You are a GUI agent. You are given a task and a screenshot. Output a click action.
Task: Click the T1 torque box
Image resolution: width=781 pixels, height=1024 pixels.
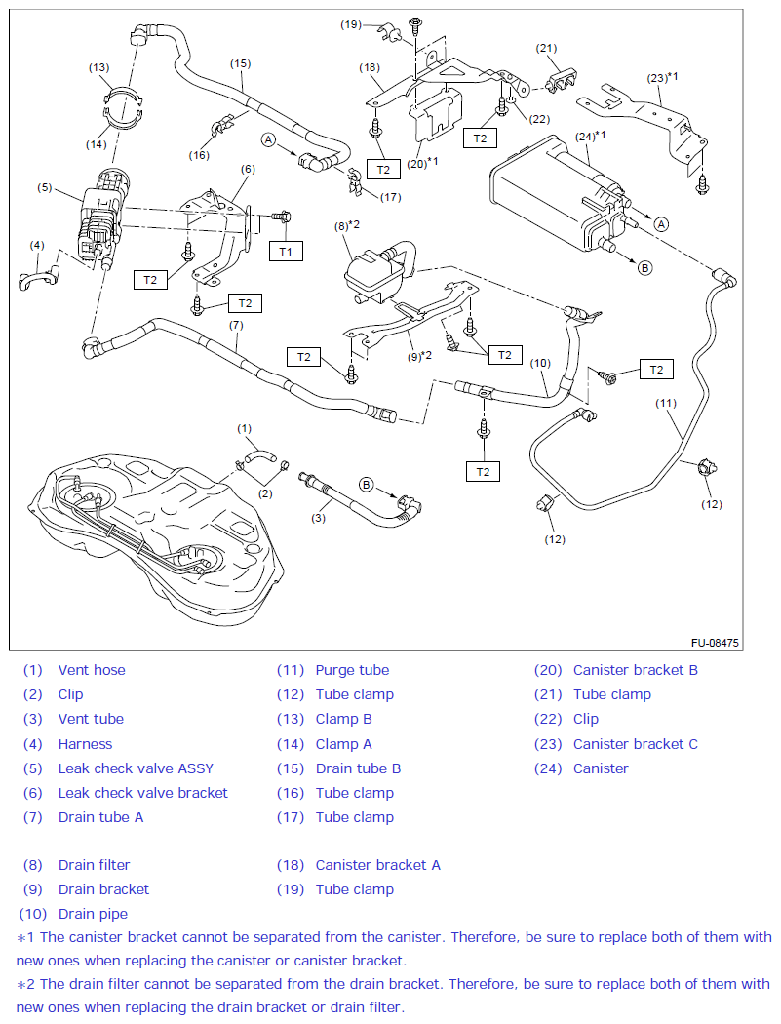click(286, 252)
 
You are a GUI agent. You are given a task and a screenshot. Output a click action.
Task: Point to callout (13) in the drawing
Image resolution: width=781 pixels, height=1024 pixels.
click(99, 67)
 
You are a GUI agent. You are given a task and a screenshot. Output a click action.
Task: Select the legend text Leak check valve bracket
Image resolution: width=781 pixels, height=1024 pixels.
click(142, 793)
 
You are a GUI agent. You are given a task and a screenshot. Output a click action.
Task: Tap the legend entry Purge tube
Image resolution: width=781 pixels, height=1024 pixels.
click(352, 670)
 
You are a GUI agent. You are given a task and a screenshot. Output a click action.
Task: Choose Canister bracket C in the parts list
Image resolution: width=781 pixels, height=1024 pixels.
click(636, 744)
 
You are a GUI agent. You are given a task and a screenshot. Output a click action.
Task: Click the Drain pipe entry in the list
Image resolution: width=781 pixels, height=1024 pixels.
click(93, 914)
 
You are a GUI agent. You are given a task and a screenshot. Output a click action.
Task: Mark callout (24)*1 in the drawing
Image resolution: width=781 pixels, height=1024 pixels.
click(591, 136)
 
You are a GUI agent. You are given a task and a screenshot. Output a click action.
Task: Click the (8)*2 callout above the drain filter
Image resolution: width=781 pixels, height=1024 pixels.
click(348, 225)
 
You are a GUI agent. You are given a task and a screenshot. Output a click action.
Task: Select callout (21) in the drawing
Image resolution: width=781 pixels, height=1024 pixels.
click(546, 48)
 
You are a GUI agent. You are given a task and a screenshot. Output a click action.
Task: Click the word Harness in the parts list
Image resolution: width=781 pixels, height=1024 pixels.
click(85, 744)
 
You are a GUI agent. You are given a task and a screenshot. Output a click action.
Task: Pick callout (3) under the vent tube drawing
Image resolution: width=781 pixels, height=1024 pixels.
click(318, 518)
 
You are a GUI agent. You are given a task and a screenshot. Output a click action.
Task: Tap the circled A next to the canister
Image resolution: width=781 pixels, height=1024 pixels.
click(661, 223)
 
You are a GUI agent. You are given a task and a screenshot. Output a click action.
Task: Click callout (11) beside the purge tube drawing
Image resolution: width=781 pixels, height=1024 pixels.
click(666, 403)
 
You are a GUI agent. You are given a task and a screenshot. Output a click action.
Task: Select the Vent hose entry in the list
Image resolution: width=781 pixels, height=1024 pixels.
click(92, 670)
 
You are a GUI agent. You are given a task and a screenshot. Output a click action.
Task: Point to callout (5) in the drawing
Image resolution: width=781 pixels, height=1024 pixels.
click(44, 187)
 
